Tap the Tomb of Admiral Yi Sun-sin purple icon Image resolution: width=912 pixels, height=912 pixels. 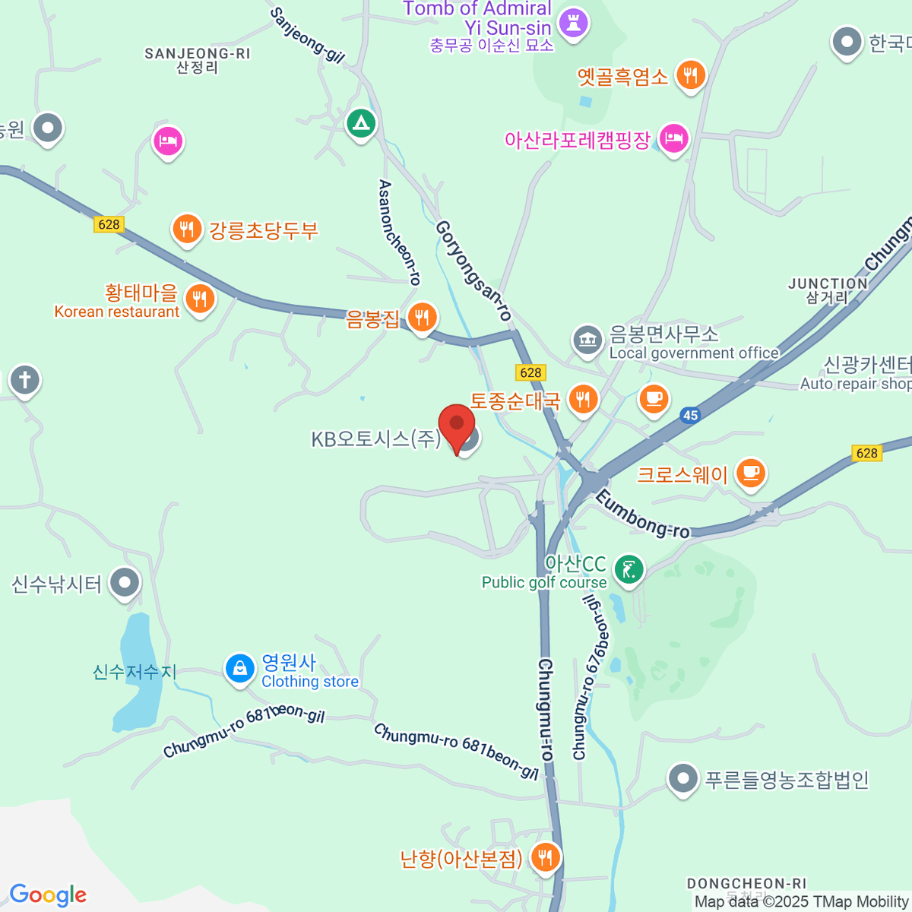(573, 24)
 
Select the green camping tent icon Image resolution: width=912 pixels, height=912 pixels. (361, 122)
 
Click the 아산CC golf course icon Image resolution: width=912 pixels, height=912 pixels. (629, 569)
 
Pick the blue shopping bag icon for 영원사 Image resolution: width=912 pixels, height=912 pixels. (240, 670)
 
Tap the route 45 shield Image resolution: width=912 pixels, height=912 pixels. (690, 415)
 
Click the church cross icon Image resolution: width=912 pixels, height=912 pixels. (25, 379)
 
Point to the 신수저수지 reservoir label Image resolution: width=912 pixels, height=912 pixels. (135, 672)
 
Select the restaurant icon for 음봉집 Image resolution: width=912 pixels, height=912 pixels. (422, 317)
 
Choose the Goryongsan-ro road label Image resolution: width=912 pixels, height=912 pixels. (473, 271)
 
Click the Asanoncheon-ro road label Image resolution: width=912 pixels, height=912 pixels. (399, 233)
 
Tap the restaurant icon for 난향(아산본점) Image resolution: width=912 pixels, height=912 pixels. (545, 857)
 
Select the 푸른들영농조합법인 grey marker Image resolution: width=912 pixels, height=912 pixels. (683, 779)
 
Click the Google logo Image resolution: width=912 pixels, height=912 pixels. (48, 895)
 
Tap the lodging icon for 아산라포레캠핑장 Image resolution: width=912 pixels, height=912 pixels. (673, 139)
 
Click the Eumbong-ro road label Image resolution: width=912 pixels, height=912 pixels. (642, 515)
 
